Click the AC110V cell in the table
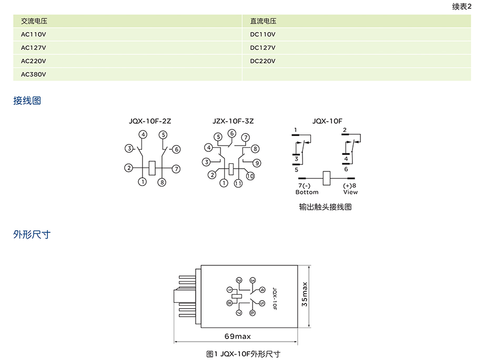tap(34, 34)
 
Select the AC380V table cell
tap(34, 74)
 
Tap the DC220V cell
tap(263, 61)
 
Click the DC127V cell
tap(263, 47)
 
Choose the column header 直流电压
tap(263, 21)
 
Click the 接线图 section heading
tap(27, 100)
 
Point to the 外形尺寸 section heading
tap(32, 234)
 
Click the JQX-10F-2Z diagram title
tap(150, 121)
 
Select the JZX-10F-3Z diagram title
tap(233, 121)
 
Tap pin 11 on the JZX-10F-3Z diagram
tap(238, 183)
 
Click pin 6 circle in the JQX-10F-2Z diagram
tap(176, 149)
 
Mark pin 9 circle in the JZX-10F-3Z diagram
tap(257, 162)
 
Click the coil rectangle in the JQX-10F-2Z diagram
tap(152, 168)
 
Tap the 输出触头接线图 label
tap(325, 207)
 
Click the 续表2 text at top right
tap(461, 6)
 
